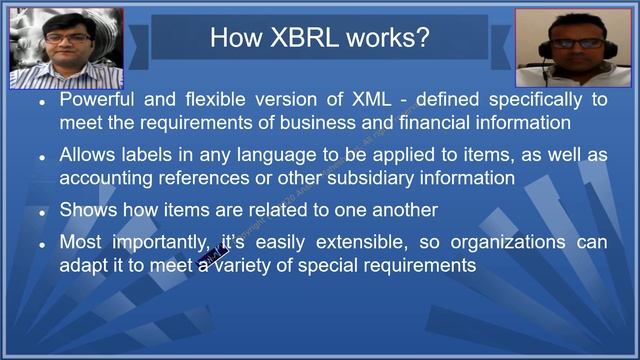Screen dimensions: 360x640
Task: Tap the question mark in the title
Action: (424, 38)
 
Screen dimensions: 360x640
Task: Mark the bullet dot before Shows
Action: (43, 213)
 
